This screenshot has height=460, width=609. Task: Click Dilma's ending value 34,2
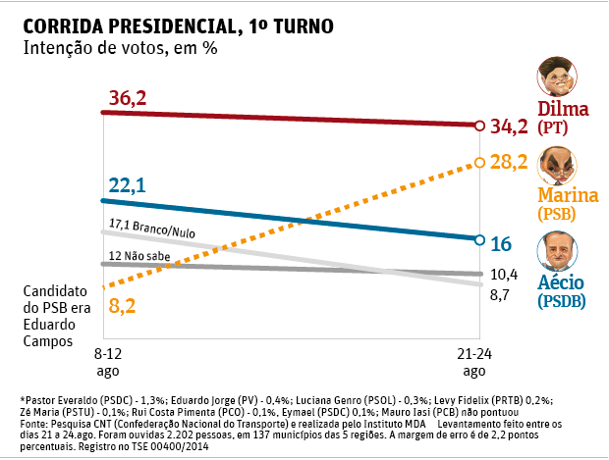point(510,126)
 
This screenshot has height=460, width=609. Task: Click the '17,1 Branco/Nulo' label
point(152,227)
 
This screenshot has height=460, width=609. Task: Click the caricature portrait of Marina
point(555,164)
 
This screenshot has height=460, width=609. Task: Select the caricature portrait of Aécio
point(555,252)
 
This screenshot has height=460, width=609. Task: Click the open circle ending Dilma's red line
point(478,126)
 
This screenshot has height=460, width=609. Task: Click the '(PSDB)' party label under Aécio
point(562,302)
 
